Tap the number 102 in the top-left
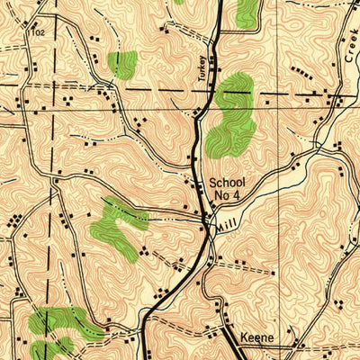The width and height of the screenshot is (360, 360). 37,31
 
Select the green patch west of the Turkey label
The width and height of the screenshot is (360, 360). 122,63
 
